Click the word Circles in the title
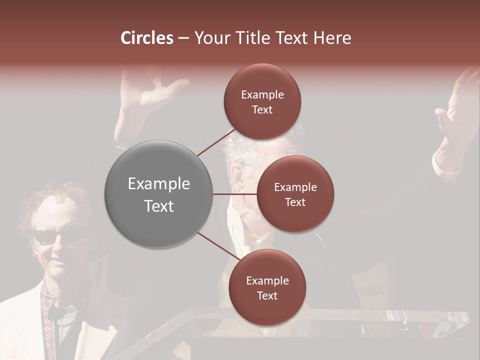(147, 38)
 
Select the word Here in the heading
(332, 38)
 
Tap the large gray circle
(158, 194)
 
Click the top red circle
(262, 101)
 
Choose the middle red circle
(295, 194)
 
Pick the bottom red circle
(267, 287)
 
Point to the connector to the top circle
(216, 141)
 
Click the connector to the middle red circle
(235, 194)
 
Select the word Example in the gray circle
(158, 184)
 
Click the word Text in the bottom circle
(267, 295)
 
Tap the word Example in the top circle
(262, 94)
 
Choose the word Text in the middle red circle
(295, 202)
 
